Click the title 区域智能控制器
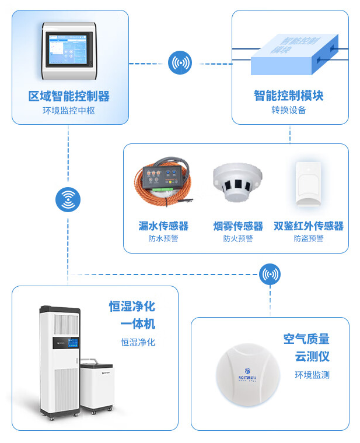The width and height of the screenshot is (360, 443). pos(69,96)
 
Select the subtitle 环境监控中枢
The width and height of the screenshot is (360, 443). pos(69,111)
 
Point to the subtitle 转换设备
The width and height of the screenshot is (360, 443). pos(289,110)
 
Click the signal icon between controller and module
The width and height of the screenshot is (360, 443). pos(180,63)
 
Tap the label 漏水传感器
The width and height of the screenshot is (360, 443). pos(163,226)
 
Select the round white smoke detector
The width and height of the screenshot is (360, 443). pos(237,182)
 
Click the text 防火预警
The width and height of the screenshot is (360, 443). pos(238,238)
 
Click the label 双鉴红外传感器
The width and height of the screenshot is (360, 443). pos(308,226)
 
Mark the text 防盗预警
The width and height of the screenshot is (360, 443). pos(308,238)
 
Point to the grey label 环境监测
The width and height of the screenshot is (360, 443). pos(312,375)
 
